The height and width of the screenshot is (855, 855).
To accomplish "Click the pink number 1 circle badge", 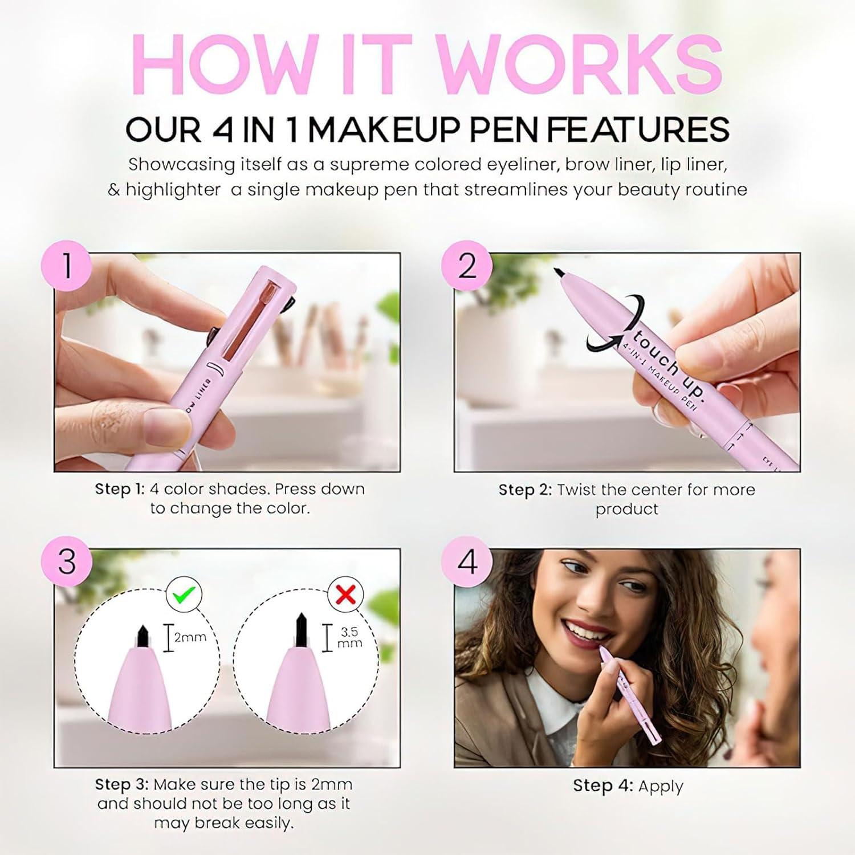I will [x=66, y=266].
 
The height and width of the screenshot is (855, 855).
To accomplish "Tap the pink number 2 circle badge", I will [x=467, y=266].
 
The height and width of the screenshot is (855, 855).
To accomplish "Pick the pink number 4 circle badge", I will [x=467, y=562].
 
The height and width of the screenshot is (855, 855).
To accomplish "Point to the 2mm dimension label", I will [x=190, y=637].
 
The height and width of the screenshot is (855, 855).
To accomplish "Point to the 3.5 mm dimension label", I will [x=349, y=637].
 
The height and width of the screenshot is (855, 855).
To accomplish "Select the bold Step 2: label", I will [x=525, y=490].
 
